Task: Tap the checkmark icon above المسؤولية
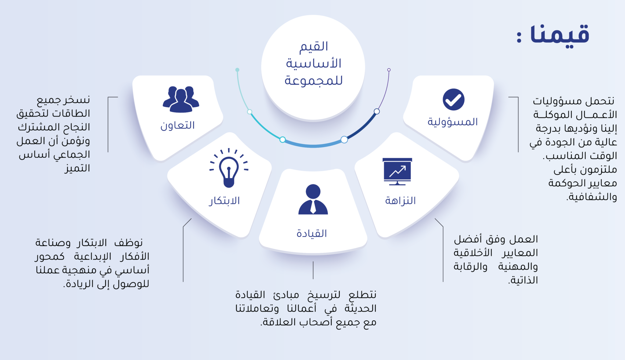453,100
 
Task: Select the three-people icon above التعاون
181,100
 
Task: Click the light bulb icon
229,168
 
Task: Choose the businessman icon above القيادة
313,199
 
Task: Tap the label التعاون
178,125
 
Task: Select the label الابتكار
224,201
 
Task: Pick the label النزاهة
400,201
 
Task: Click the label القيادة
312,234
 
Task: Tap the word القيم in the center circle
314,47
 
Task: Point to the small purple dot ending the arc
389,70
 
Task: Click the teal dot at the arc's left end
237,70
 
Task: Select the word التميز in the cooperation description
77,168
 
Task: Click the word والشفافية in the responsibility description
592,197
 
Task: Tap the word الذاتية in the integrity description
523,280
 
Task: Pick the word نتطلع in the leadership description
363,295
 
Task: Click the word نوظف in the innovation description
128,243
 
